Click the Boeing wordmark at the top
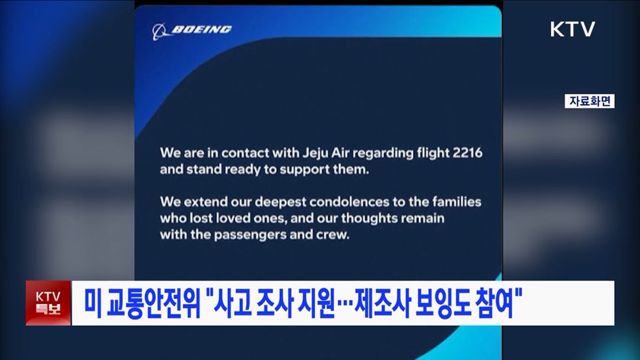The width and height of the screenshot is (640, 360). [201, 29]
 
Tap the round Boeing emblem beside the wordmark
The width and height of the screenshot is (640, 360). [159, 30]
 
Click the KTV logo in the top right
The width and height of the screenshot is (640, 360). [572, 29]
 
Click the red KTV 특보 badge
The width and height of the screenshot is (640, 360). [48, 303]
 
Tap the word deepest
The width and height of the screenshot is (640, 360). [266, 201]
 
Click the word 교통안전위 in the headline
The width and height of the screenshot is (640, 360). [147, 303]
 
